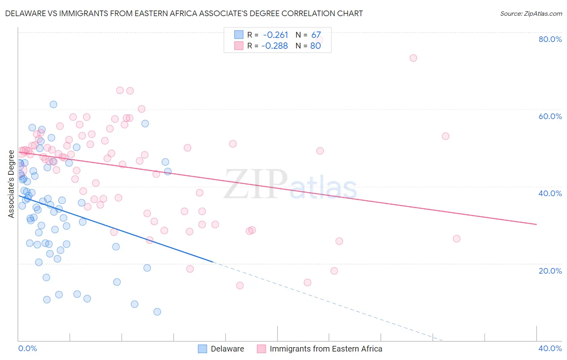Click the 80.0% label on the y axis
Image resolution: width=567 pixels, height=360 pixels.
click(x=550, y=39)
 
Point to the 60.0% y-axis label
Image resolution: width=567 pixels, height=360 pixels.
click(x=550, y=116)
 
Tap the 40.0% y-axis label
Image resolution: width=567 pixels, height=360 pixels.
click(x=550, y=193)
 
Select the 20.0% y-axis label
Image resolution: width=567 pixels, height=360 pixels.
click(x=550, y=270)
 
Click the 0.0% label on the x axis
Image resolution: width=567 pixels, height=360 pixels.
click(x=27, y=348)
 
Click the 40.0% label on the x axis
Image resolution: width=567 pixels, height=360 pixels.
click(x=550, y=348)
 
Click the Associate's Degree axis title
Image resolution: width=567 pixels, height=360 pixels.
click(x=11, y=184)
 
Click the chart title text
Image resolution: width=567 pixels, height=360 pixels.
click(x=184, y=13)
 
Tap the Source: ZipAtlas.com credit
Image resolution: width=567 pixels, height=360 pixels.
click(x=531, y=13)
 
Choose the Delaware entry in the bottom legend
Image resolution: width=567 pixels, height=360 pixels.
click(x=227, y=349)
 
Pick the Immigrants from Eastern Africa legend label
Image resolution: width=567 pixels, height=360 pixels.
click(x=325, y=349)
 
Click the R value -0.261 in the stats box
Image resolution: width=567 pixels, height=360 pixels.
click(x=275, y=35)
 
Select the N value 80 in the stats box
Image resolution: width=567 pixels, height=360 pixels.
click(x=315, y=46)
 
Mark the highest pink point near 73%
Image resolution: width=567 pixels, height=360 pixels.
click(x=413, y=58)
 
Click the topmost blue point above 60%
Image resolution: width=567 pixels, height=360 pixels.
click(x=53, y=105)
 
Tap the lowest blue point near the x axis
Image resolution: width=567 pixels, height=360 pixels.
click(x=157, y=312)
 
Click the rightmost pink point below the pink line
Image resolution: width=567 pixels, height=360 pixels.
click(x=457, y=239)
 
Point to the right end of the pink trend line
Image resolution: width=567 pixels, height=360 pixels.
click(x=536, y=224)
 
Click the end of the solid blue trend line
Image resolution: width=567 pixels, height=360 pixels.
click(x=213, y=262)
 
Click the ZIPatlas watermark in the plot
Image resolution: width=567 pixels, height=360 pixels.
click(x=290, y=185)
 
